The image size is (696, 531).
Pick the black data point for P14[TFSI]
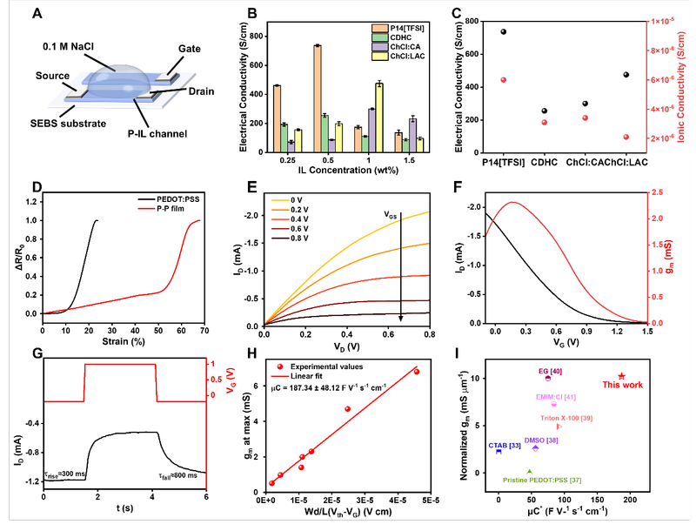[503, 31]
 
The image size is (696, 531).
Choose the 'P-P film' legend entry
[121, 204]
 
